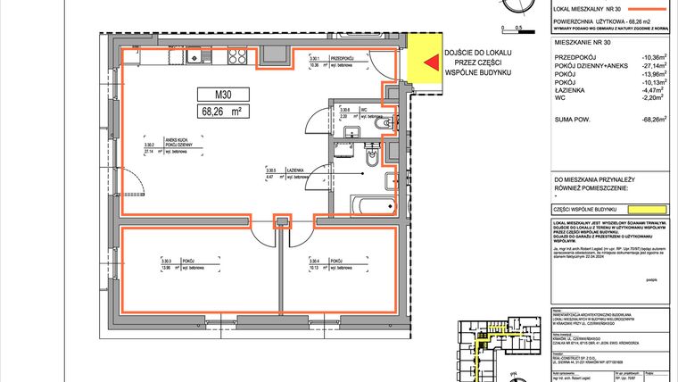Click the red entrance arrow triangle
[x=430, y=63]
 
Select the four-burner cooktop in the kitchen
[x=237, y=58]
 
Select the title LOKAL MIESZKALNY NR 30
[x=590, y=6]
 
